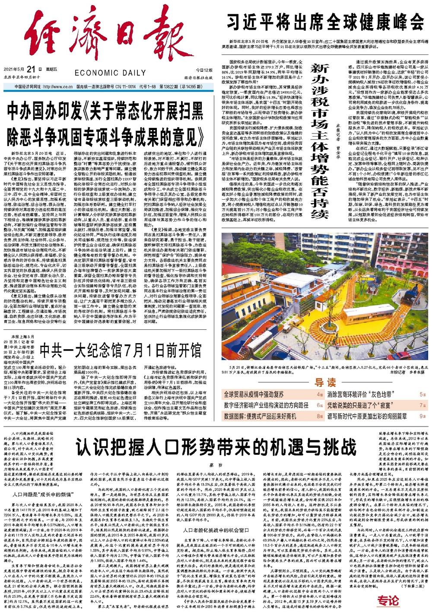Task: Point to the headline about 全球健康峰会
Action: point(326,20)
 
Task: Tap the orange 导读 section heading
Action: point(325,382)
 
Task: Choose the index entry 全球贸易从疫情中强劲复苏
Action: point(254,394)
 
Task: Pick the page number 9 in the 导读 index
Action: point(421,416)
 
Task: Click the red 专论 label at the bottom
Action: point(385,601)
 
